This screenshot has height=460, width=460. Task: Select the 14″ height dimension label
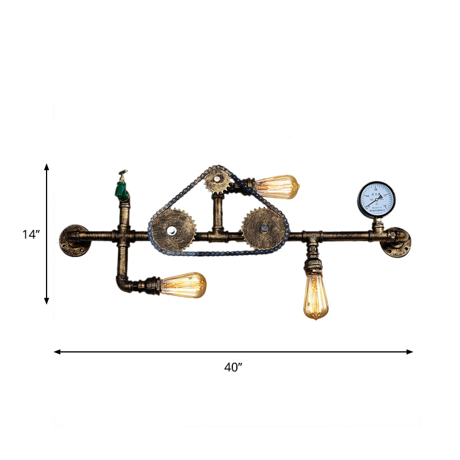pos(30,234)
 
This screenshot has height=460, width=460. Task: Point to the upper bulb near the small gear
pos(277,186)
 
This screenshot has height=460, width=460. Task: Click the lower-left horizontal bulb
pos(183,285)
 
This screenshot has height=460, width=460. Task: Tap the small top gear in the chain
pos(217,180)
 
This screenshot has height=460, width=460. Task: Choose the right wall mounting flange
pos(397,241)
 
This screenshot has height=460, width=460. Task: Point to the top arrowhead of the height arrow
pos(47,166)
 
